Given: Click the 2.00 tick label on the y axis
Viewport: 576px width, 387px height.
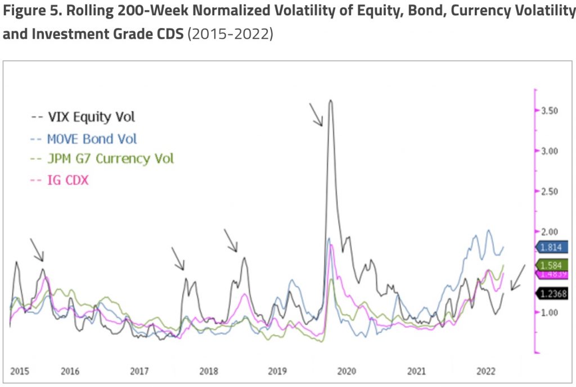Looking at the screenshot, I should click(x=550, y=232).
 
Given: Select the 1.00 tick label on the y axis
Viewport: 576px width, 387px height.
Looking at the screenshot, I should click(x=550, y=313).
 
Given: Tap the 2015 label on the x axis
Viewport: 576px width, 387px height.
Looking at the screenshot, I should click(x=20, y=371).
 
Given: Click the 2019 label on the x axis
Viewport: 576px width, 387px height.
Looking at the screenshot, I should click(x=277, y=371).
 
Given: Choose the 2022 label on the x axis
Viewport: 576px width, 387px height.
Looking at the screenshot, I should click(x=485, y=371).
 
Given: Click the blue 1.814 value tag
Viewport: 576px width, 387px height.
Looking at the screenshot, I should click(x=552, y=247).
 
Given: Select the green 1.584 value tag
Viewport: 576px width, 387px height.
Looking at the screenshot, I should click(x=552, y=265).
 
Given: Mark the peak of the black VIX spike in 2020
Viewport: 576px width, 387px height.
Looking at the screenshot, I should click(x=331, y=101).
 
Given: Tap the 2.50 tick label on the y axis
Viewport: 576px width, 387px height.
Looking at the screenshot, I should click(x=550, y=192).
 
